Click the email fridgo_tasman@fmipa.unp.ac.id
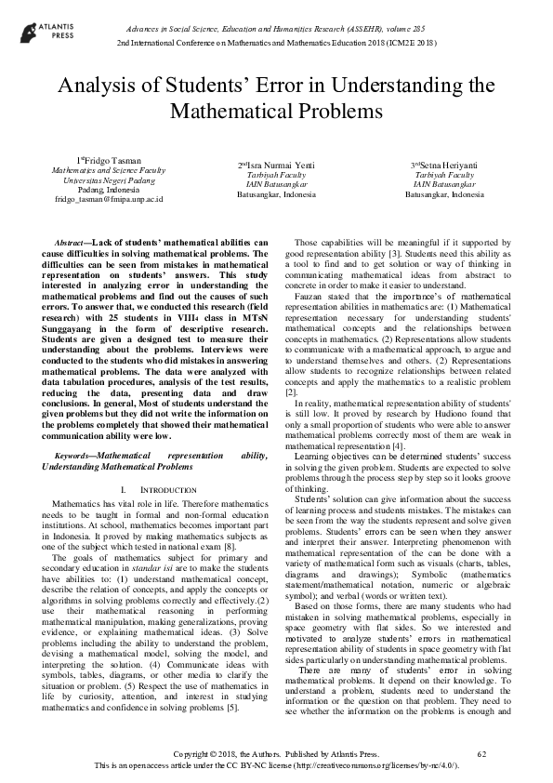(109, 198)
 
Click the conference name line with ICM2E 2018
(275, 44)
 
